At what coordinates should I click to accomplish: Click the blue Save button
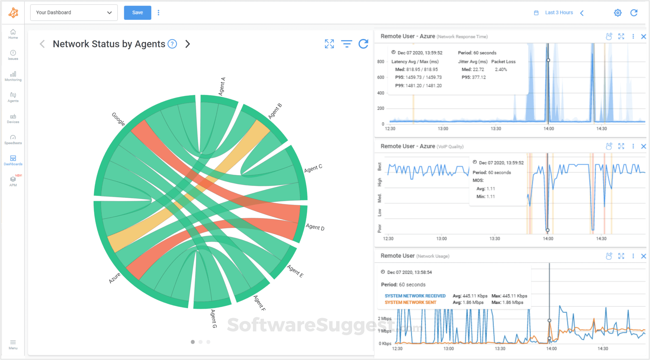point(137,13)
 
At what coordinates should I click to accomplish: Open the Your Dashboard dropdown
point(74,13)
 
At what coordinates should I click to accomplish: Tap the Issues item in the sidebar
point(13,55)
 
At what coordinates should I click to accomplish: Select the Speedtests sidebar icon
point(13,139)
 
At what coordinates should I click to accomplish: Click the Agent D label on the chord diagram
point(315,227)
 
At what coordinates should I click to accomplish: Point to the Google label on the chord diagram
point(118,119)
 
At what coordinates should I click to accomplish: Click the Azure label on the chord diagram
point(115,278)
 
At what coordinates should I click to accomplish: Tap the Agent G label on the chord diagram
point(214,318)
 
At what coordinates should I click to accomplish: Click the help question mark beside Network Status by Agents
point(173,44)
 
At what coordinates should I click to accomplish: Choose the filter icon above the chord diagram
point(347,44)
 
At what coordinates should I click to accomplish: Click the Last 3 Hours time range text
point(559,13)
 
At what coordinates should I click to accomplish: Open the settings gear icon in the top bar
point(617,13)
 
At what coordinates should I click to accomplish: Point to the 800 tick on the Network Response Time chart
point(381,62)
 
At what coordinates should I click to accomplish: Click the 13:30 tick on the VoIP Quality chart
point(495,238)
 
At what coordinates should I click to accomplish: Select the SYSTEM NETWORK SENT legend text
point(410,303)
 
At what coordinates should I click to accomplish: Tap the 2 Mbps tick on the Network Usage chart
point(385,318)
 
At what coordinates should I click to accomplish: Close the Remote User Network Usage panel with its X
point(644,256)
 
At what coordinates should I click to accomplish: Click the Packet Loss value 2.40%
point(501,70)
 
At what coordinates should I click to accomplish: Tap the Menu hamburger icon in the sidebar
point(13,342)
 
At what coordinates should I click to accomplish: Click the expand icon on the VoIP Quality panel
point(621,146)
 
